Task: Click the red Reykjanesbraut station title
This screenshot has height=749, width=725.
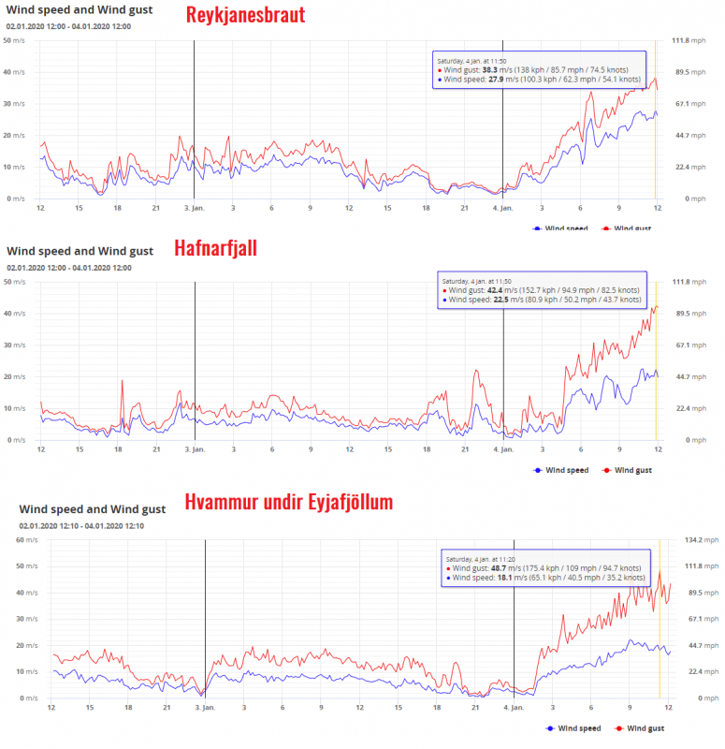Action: coord(245,16)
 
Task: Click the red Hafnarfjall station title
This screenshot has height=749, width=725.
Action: coord(215,248)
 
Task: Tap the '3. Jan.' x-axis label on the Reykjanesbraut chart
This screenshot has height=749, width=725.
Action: coord(195,207)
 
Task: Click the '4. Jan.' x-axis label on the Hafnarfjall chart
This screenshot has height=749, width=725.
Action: coord(503,448)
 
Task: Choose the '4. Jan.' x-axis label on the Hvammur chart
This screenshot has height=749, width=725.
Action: coord(513,707)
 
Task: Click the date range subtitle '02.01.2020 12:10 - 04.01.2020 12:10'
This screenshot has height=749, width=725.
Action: coord(81,525)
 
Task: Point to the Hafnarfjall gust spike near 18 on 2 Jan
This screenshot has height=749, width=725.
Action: coord(122,381)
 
